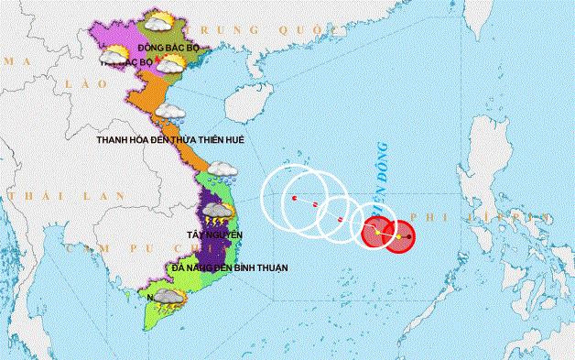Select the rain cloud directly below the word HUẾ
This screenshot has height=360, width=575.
pos(222,169)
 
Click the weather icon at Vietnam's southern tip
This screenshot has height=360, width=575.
pos(166,298)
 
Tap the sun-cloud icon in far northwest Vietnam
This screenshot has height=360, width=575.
pos(115,54)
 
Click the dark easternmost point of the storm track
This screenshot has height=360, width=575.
pos(411,238)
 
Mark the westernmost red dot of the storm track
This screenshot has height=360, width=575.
pos(293,198)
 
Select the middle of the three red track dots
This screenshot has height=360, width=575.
pos(315,204)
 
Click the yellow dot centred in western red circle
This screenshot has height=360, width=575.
pos(376,233)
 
